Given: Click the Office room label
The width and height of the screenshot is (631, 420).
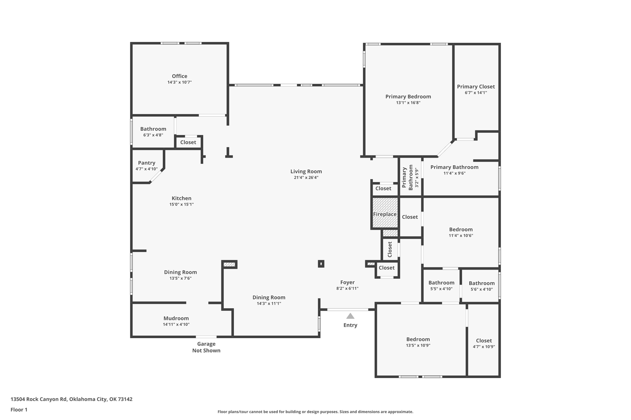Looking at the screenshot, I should (179, 76).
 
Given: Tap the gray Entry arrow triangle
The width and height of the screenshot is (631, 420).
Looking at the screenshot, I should (350, 316).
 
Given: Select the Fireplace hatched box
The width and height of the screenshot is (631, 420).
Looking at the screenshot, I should (385, 213).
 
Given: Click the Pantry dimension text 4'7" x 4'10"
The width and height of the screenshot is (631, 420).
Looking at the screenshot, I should (146, 169).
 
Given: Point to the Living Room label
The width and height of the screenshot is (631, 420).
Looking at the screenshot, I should (306, 171).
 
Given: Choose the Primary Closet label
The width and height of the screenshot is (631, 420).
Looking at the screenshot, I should (476, 87).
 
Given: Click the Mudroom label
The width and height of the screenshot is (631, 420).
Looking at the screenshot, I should (176, 318).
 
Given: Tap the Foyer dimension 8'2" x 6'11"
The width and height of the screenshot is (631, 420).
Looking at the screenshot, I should (347, 288).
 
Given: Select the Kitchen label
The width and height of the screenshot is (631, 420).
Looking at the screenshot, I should (181, 198).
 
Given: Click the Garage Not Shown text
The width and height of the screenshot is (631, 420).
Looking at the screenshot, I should (206, 347).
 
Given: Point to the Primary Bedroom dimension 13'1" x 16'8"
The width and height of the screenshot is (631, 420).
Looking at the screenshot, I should (408, 103).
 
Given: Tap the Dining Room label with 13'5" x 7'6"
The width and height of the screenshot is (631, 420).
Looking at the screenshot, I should (180, 272).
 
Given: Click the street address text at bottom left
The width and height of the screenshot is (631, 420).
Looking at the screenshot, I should (71, 399).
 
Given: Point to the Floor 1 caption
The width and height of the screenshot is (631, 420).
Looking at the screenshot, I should (19, 410).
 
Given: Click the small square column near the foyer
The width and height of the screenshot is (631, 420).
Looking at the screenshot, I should (321, 264).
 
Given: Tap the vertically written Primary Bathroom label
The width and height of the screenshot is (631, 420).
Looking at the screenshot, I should (407, 178).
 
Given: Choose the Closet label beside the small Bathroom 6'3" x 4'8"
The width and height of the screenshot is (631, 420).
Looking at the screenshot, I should (188, 142).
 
